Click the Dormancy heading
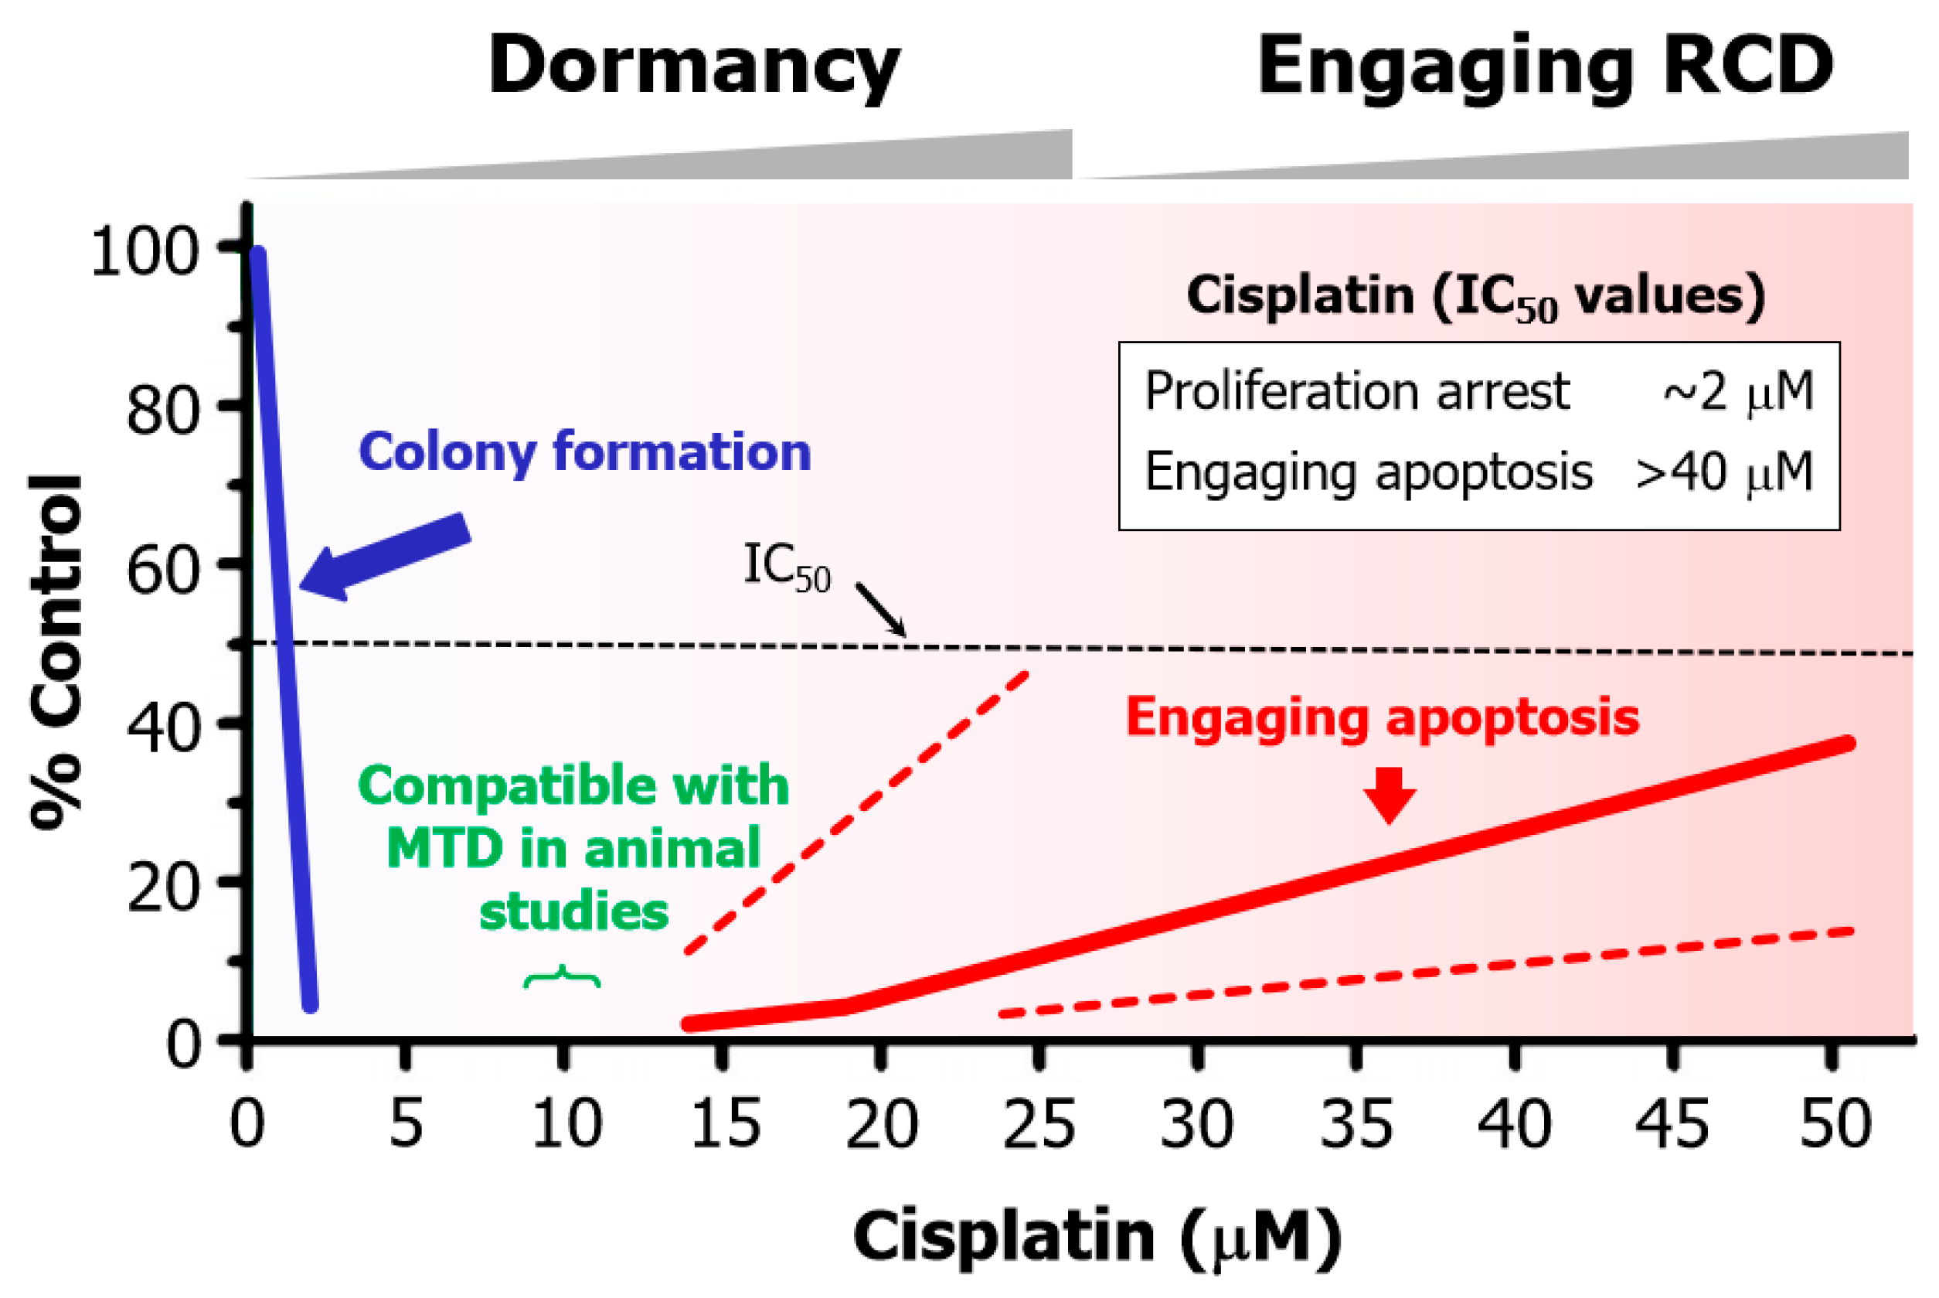[693, 68]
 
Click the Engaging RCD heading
[1545, 68]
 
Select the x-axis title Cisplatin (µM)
[1097, 1237]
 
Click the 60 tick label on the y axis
[163, 571]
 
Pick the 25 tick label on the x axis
[1039, 1124]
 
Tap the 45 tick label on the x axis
[1672, 1124]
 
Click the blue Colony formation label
[584, 452]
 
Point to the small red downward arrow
[1390, 794]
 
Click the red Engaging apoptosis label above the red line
[1382, 717]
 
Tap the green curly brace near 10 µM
[562, 978]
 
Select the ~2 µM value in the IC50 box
[1738, 391]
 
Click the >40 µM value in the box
[1725, 472]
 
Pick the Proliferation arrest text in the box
[1356, 391]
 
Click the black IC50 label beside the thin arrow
[786, 566]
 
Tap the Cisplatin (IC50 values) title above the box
[1476, 296]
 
